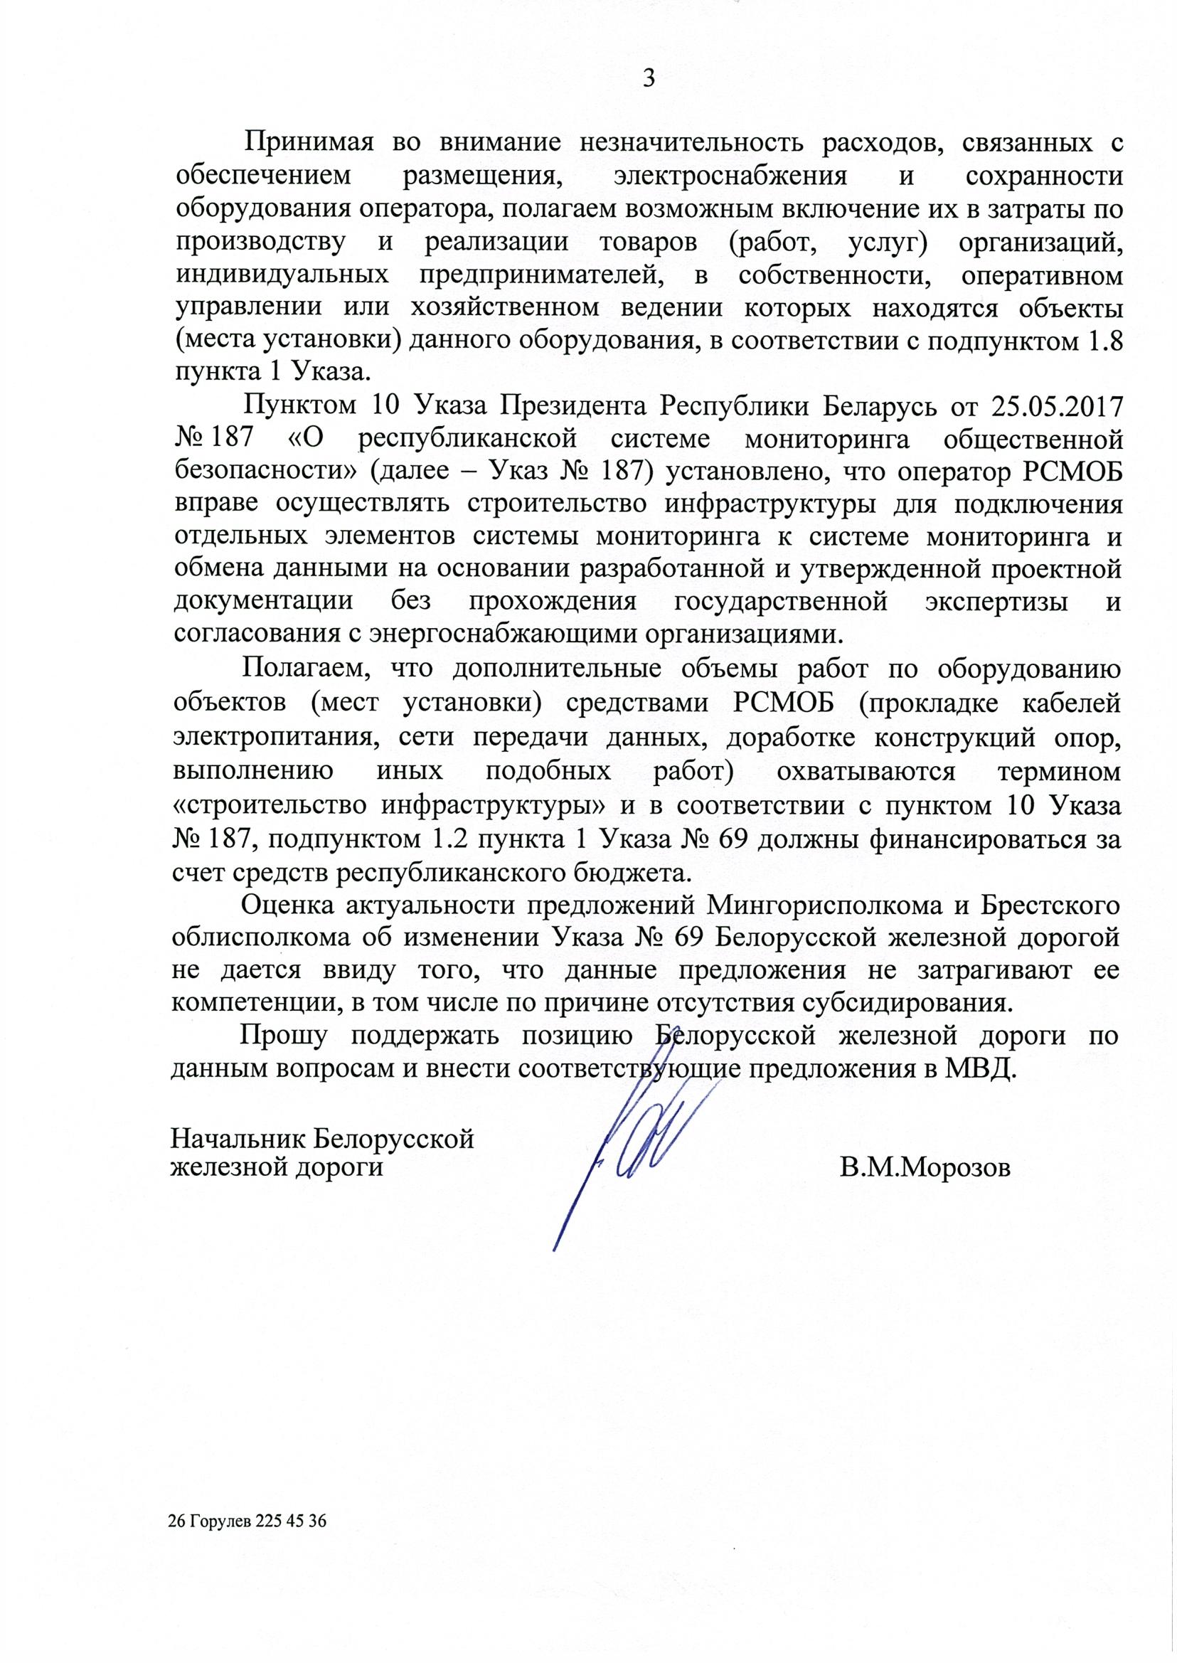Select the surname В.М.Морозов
pos(925,1168)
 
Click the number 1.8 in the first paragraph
pos(1106,341)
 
